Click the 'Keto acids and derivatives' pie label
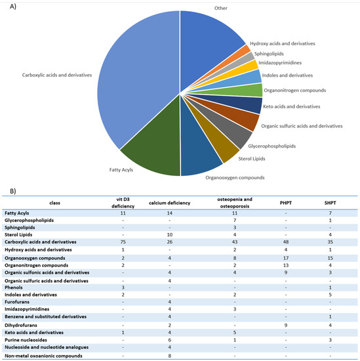(x=291, y=105)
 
